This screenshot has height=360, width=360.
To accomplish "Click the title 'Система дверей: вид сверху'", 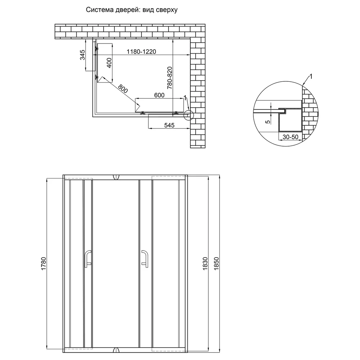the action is coord(131,10).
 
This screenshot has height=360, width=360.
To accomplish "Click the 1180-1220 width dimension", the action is coord(141,51).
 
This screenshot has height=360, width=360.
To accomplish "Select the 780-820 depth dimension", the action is coord(170,78).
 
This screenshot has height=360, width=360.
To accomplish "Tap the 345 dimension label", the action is coord(82,55).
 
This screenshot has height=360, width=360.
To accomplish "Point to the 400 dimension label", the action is coord(109,63).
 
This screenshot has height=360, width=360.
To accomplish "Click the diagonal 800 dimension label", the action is coord(123,89).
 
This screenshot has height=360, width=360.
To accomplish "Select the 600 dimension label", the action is coord(159,95).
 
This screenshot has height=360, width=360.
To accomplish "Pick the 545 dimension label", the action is coord(169,125).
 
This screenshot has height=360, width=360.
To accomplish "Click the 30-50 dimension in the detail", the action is coord(291,137).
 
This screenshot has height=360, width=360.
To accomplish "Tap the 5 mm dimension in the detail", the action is coord(268,121).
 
